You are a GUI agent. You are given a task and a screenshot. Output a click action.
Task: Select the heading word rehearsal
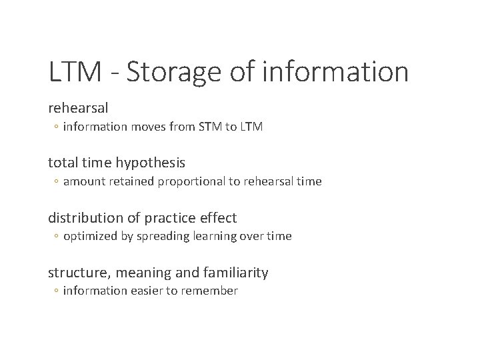click(78, 107)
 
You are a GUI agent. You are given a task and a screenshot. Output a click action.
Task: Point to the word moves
click(145, 126)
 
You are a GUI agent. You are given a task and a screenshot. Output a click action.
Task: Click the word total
click(61, 162)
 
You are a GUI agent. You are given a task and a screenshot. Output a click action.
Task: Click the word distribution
click(82, 217)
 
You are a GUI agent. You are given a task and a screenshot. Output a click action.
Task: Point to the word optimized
click(89, 237)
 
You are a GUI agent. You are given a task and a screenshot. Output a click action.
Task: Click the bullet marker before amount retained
click(57, 182)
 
